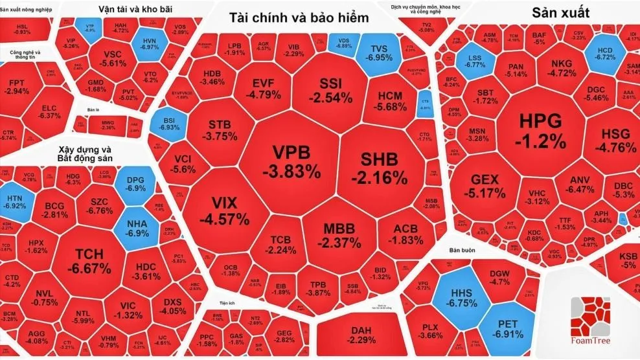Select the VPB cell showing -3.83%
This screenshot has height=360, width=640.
[x=291, y=161]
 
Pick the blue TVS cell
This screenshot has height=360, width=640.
[x=379, y=53]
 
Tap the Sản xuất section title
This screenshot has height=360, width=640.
[x=560, y=12]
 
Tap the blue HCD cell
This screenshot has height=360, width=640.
[x=604, y=52]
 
